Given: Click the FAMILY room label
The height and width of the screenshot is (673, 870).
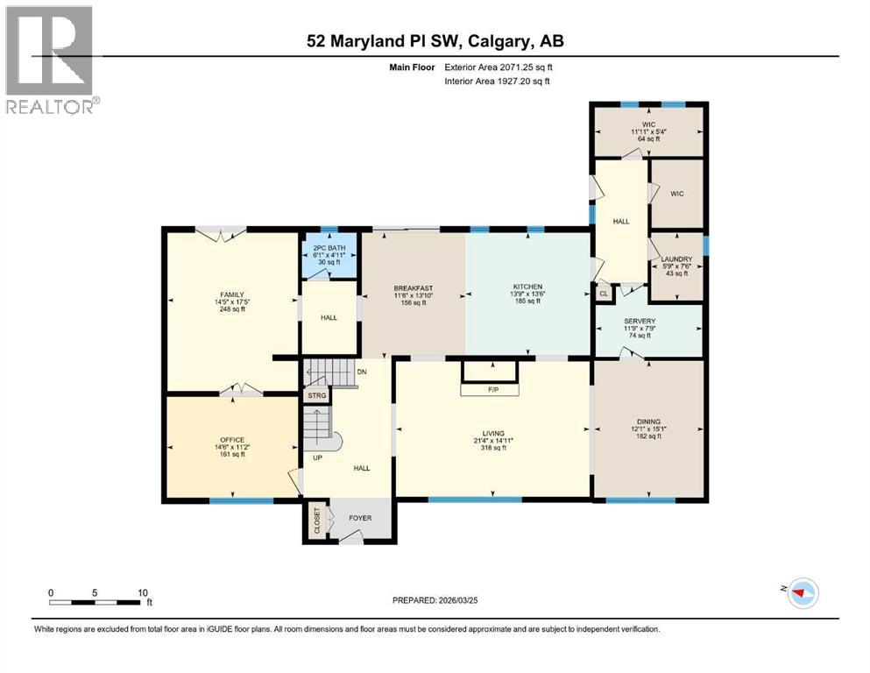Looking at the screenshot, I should (232, 295).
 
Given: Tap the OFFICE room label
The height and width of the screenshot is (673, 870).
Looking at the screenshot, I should (232, 440).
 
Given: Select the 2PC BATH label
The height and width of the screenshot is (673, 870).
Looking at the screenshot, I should (329, 248).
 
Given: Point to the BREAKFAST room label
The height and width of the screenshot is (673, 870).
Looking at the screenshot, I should (414, 288).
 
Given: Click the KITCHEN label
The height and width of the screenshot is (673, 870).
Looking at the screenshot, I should (527, 287).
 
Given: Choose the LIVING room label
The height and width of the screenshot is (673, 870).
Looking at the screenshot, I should (493, 431).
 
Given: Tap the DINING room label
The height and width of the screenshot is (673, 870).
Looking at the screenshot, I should (649, 422).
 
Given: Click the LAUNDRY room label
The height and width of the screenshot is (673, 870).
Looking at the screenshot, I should (676, 259).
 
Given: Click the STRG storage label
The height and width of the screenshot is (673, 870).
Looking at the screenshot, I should (316, 396).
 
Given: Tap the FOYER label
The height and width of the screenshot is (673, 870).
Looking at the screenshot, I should (360, 518).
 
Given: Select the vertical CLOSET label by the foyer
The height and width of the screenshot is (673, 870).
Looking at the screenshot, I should (316, 520).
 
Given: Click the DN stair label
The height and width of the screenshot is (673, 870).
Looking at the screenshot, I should (362, 372).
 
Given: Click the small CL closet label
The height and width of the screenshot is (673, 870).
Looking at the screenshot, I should (605, 295).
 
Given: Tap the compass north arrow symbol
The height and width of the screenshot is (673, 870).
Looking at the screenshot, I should (800, 593).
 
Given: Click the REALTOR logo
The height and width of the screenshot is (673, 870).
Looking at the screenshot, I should (51, 60).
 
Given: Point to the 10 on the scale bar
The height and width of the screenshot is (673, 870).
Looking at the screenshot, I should (142, 592).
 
